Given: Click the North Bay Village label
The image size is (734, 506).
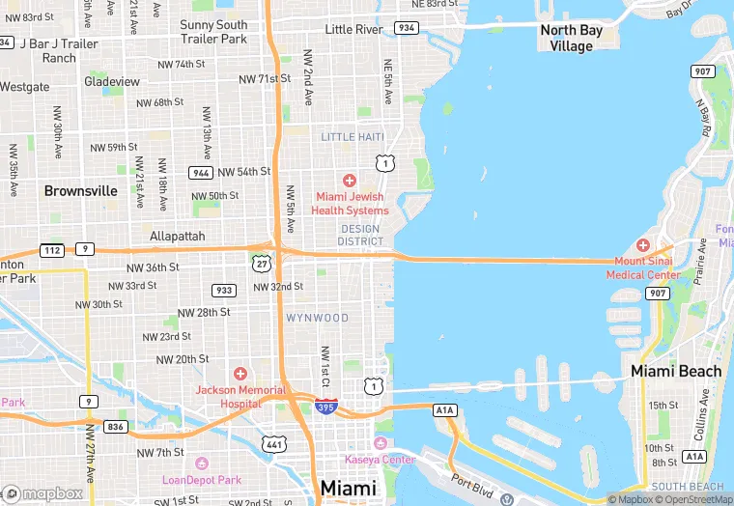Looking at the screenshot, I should (x=572, y=38).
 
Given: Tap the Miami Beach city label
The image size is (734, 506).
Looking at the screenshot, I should (x=676, y=371).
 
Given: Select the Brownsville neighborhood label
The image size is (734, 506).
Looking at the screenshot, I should (x=81, y=190).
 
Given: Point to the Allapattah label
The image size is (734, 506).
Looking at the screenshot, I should (x=179, y=236).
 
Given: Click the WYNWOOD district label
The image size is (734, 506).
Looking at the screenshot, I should (x=318, y=318).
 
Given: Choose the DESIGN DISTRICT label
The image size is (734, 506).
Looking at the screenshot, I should (x=360, y=235).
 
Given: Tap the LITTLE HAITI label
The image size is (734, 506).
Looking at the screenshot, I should (x=353, y=137).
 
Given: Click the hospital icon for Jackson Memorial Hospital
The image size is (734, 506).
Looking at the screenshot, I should (x=240, y=373).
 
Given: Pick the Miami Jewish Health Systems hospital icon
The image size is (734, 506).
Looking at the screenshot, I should (x=350, y=180).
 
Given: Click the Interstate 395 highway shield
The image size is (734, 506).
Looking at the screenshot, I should (x=326, y=407).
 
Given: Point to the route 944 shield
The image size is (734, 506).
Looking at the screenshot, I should (x=201, y=173).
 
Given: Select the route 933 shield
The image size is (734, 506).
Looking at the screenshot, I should (x=224, y=290).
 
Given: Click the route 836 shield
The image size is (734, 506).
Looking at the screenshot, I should (x=117, y=426).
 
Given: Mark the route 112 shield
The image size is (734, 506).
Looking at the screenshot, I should (x=52, y=250).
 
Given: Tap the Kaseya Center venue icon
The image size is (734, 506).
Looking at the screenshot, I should (x=380, y=442).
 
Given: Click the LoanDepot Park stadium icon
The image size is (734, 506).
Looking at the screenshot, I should (x=201, y=464).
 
